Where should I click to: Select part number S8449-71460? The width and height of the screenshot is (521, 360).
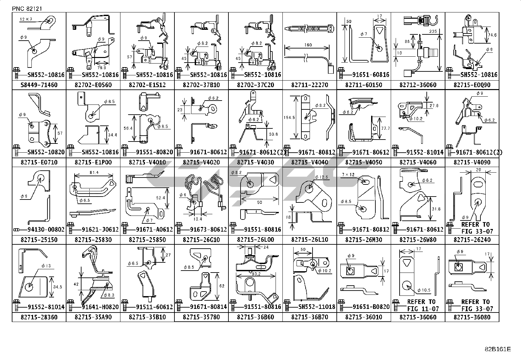pos(39,85)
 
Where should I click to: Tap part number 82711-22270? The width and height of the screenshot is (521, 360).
pos(310,85)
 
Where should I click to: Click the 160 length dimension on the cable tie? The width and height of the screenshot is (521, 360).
pos(308,45)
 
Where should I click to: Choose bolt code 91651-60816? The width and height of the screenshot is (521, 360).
pos(370,75)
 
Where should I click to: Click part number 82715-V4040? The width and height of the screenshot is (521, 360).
pos(310,162)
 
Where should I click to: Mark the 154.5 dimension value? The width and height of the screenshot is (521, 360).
pos(289,117)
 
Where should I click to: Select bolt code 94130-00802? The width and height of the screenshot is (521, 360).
pos(46,229)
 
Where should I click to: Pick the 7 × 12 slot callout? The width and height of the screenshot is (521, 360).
pos(348,175)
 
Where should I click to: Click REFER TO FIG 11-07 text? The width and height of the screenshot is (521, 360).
pos(421,305)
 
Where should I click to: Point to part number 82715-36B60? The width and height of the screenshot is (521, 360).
pos(255,317)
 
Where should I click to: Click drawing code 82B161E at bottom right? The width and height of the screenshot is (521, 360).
pos(497,349)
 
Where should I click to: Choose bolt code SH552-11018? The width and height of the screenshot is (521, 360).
pos(316,307)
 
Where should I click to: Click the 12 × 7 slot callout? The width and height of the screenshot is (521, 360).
pos(26,20)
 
